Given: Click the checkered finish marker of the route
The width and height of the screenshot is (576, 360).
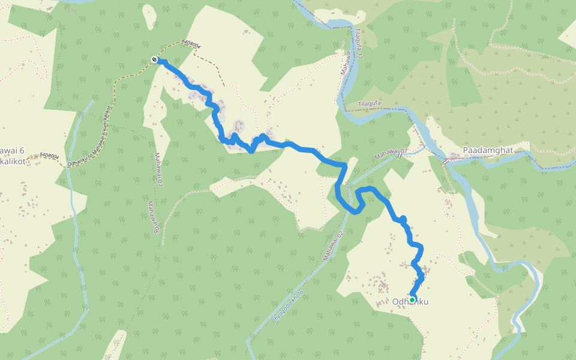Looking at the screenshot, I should pos(155,59).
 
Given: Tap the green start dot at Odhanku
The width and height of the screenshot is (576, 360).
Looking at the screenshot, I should pos(412,299).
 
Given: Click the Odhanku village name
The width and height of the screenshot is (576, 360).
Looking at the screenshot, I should pos(410,302).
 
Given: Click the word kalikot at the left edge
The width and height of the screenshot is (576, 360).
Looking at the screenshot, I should pos(12,162).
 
